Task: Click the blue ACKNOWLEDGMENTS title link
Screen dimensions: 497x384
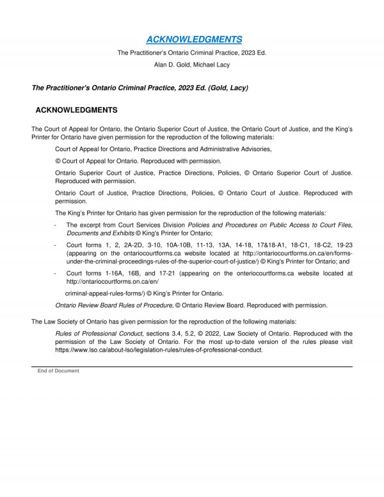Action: click(192, 39)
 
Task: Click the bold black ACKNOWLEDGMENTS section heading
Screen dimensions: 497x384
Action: click(76, 110)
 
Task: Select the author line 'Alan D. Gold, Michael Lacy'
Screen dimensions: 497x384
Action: click(192, 65)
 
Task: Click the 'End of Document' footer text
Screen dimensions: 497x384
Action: click(58, 371)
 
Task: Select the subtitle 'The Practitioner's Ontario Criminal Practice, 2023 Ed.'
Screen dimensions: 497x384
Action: click(192, 53)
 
